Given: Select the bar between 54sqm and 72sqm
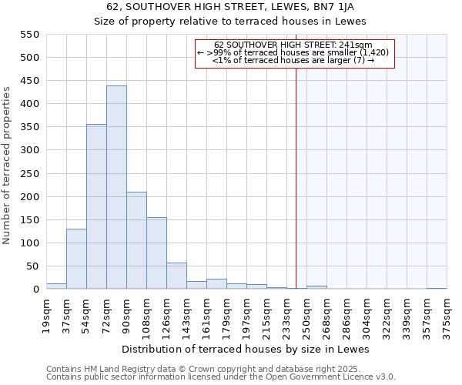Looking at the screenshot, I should pos(96,206).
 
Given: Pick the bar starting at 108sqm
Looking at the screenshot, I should pos(156,253).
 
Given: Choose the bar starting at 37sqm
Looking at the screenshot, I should pos(76,259).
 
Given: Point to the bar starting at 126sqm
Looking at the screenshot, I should pos(176,276).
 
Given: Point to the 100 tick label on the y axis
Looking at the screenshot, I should pos(29,243).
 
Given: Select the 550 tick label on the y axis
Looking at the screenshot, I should pos(29,35).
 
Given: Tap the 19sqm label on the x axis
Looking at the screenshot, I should pos(46,314).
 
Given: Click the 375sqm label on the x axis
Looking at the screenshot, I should pos(447,315).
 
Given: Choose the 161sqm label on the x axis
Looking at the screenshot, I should pos(206,315).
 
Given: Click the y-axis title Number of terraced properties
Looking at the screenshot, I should pos(8,166).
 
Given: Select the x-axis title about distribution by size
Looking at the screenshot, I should pos(246,350).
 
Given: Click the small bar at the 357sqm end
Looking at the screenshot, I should pos(437,288).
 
